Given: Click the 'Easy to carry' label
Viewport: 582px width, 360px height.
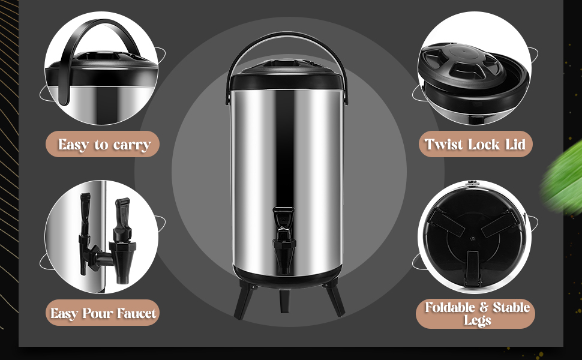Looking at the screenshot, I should [103, 144].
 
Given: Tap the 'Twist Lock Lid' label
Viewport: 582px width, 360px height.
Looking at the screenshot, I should [475, 144].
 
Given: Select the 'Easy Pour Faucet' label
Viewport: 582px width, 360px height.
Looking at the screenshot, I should [103, 313].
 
